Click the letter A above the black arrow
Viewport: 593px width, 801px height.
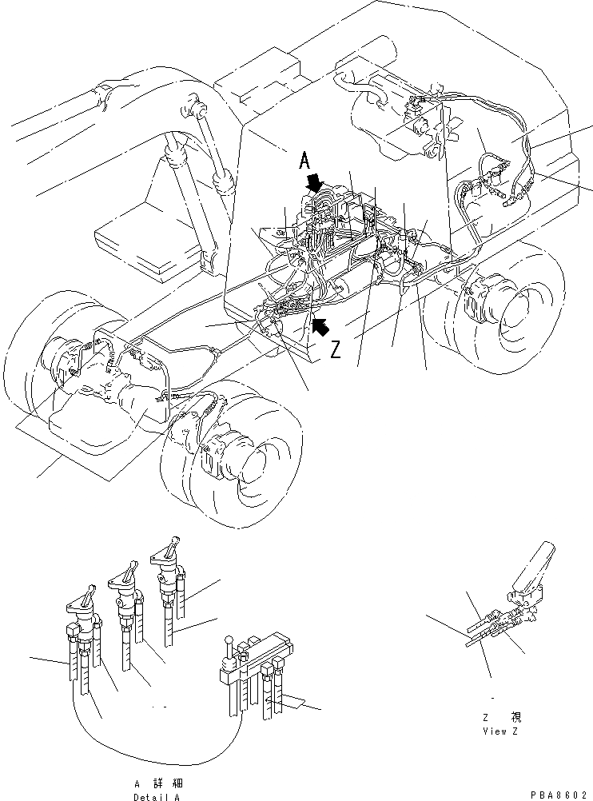[x=304, y=161]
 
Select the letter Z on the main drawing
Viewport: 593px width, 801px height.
[x=336, y=349]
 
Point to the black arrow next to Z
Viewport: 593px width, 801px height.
[x=321, y=325]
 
